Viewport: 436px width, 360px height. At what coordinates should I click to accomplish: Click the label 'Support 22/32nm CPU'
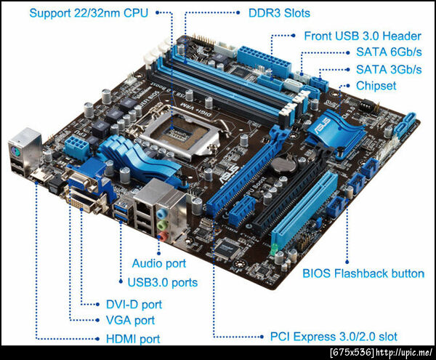point(89,13)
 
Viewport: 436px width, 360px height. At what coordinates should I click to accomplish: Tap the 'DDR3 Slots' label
point(279,13)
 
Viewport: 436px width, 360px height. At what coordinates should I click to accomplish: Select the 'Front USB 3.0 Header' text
point(363,36)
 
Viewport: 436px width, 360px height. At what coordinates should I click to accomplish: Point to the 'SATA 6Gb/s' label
point(389,52)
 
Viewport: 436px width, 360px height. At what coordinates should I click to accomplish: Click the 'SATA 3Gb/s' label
point(389,70)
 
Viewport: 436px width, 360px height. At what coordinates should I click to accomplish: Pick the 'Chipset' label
point(376,86)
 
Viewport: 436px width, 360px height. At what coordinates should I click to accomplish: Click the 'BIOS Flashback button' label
point(363,273)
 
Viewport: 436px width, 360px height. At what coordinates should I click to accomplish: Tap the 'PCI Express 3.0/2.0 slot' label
point(334,337)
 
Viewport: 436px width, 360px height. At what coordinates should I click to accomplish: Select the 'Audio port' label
point(159,263)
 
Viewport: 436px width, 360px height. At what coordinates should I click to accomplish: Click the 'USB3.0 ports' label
point(163,282)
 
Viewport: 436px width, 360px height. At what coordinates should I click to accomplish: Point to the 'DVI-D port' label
point(134,304)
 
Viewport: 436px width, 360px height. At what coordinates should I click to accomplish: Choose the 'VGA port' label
point(130,320)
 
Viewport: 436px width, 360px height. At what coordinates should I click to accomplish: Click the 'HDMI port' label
point(133,339)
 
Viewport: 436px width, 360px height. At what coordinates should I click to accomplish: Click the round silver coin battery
point(283,164)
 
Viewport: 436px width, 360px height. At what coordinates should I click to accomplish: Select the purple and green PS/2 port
point(15,152)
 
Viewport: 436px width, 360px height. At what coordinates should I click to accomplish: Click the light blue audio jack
point(161,214)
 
